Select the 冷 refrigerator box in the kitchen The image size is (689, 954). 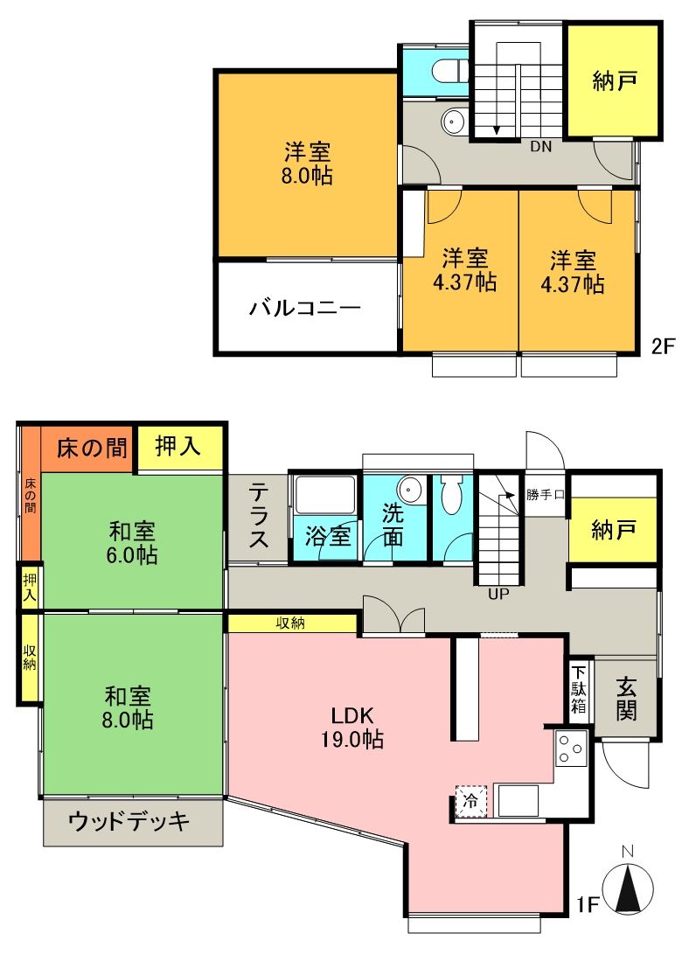tap(470, 800)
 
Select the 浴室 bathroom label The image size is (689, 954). tap(328, 535)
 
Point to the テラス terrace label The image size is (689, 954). tap(258, 517)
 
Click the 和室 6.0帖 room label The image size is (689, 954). tap(133, 542)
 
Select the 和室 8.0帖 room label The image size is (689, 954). tap(129, 707)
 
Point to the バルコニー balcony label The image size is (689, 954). tap(304, 308)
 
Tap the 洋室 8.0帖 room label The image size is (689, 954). tap(307, 164)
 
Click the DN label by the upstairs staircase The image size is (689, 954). tap(541, 147)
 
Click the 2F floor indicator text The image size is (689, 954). tap(664, 345)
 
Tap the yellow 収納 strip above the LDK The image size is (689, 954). tap(293, 623)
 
